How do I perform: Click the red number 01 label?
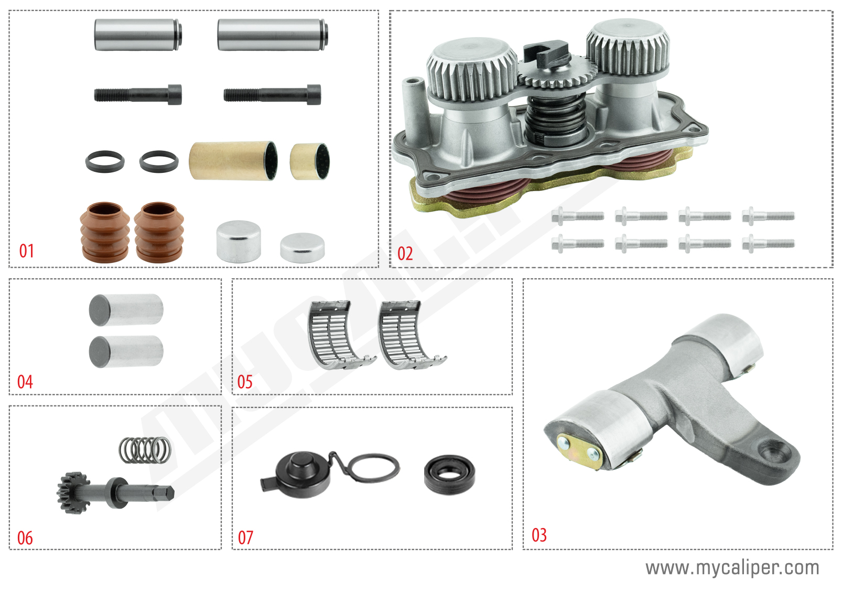pos(27,251)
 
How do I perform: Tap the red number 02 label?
pos(405,254)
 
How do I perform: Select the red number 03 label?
pos(539,535)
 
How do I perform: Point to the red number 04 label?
pos(25,382)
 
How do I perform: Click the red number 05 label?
pos(245,382)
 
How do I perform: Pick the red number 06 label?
pos(25,538)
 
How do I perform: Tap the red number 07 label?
pos(245,537)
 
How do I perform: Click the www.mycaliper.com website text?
pos(732,568)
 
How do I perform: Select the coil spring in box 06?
pos(145,450)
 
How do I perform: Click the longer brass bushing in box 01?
pos(233,160)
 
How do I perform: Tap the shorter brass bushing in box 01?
pos(310,161)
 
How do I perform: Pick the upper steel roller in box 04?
pos(126,310)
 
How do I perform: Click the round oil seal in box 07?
pos(449,475)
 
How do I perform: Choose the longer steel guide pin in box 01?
pos(272,35)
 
